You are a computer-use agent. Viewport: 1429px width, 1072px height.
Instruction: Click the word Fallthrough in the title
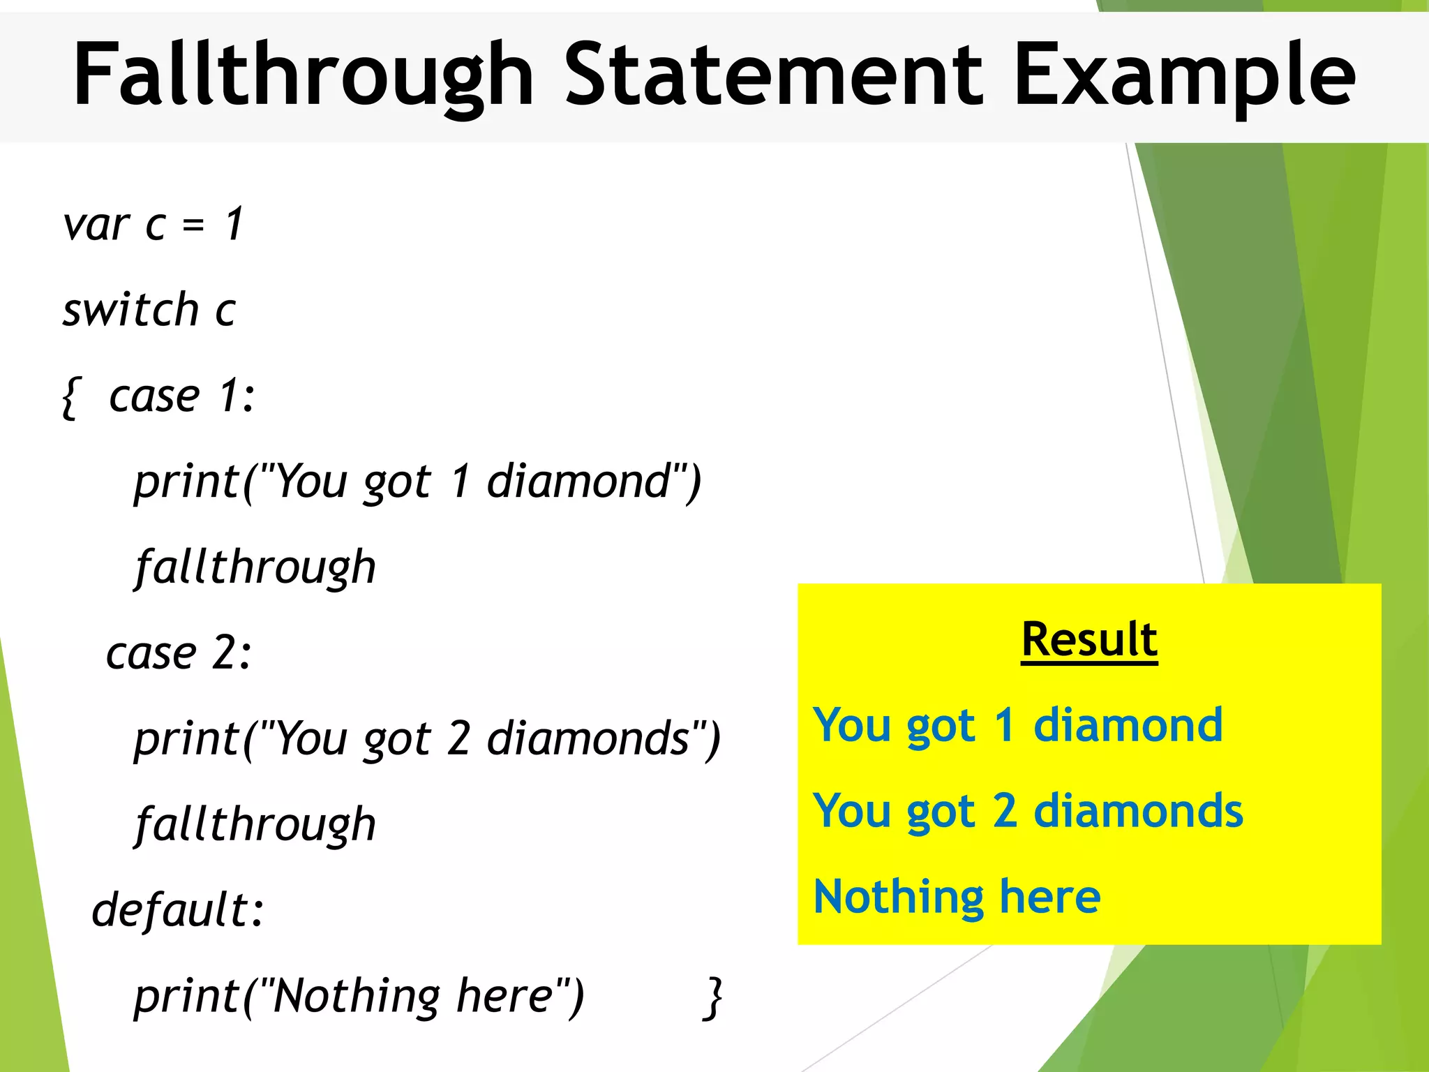coord(304,75)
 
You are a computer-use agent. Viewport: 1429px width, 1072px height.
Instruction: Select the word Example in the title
coord(1184,75)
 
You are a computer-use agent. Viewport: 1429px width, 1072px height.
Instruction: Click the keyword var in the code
coord(96,225)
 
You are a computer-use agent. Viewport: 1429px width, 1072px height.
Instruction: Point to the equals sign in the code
coord(193,225)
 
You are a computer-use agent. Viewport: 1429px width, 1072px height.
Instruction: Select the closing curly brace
coord(712,998)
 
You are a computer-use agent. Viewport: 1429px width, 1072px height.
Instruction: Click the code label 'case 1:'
coord(182,396)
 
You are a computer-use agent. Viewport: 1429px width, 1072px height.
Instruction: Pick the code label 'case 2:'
coord(179,653)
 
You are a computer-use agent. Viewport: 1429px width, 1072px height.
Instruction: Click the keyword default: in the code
coord(179,910)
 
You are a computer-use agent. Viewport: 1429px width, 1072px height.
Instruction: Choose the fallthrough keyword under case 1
coord(255,567)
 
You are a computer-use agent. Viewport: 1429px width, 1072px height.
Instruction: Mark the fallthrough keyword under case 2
coord(255,824)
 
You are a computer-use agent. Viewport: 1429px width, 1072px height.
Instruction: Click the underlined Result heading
coord(1089,639)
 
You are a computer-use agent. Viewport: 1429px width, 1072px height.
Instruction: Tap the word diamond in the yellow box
coord(1128,724)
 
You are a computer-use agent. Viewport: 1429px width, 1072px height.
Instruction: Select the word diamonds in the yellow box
coord(1138,810)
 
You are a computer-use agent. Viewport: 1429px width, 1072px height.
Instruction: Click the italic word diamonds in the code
coord(588,738)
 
